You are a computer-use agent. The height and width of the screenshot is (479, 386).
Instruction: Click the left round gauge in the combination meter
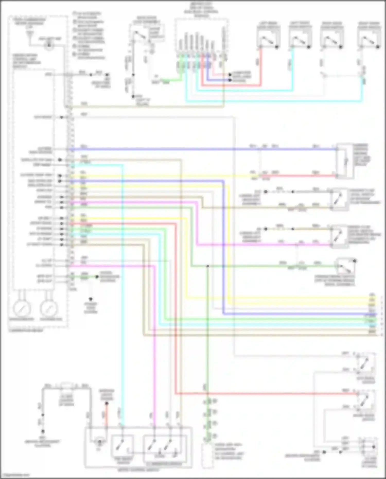coord(22,308)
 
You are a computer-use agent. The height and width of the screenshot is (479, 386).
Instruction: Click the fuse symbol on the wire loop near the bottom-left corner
coord(66,386)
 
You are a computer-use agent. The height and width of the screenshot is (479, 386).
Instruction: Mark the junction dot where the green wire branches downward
coord(207,266)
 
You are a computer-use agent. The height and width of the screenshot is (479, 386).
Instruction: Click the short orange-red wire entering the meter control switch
coord(106,414)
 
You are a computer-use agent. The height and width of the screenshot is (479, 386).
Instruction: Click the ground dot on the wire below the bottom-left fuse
coord(43,431)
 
